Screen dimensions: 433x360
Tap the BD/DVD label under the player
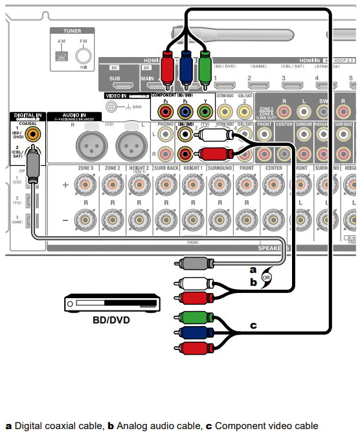[111, 319]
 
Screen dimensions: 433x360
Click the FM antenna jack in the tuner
[83, 56]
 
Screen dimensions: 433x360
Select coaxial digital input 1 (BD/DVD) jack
[31, 134]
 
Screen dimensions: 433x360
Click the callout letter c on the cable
[254, 325]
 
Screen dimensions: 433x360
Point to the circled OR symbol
[266, 275]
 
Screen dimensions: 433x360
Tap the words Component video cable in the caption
[266, 426]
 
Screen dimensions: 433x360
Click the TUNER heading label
[72, 30]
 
